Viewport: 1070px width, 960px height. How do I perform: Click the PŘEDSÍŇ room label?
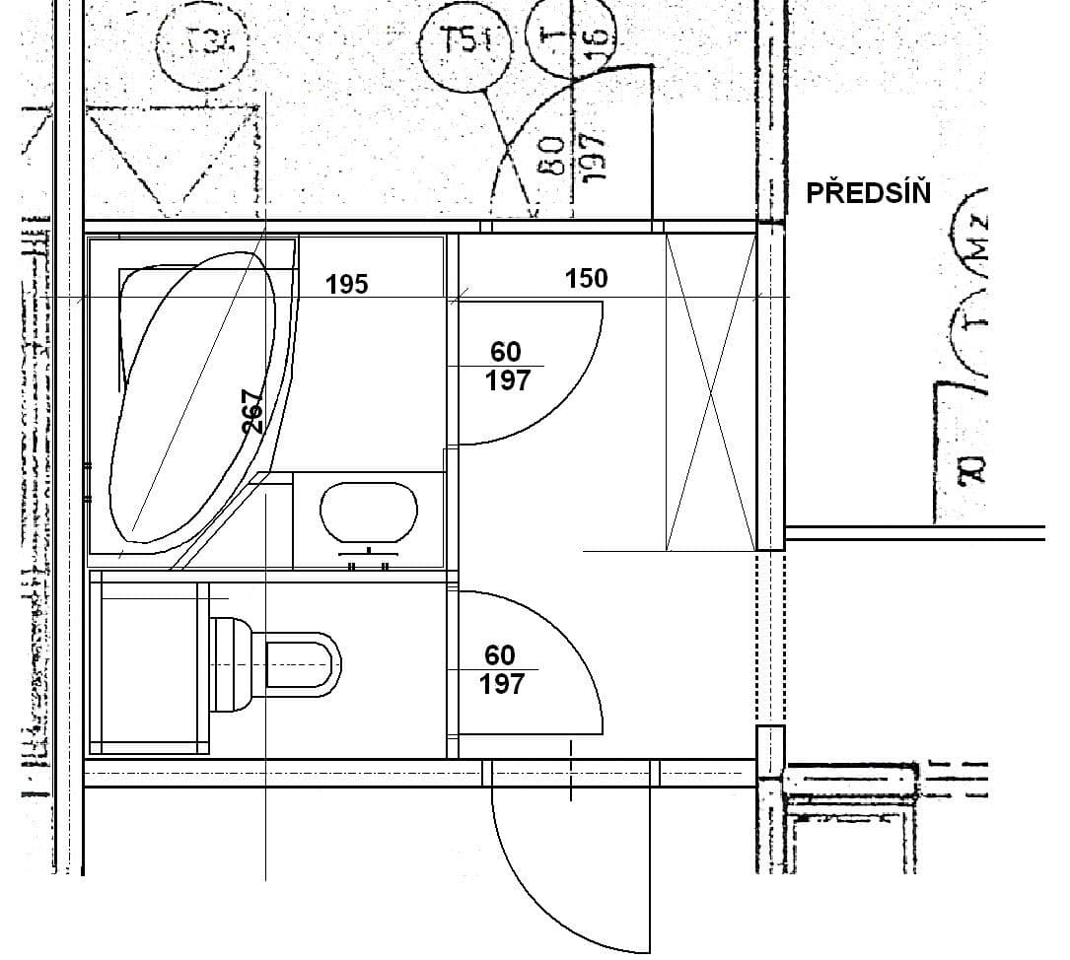868,191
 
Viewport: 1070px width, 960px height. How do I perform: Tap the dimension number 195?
346,285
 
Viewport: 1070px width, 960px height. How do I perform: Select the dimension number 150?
586,279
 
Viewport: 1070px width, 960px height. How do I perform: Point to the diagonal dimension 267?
253,411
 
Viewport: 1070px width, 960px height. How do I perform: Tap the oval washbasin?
369,512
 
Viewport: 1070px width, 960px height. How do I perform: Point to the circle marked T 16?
573,37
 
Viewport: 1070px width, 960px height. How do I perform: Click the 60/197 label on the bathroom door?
507,366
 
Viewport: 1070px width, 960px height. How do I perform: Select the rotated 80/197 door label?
572,158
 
